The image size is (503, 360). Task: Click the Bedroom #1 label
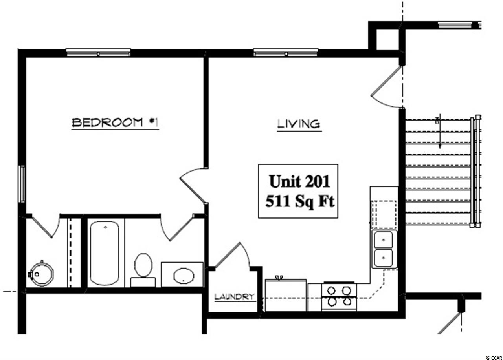115,123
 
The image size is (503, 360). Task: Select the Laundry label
235,297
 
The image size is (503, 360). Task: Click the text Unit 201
299,181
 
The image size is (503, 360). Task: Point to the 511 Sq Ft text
300,201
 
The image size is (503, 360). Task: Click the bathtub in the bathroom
105,253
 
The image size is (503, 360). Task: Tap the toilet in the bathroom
143,270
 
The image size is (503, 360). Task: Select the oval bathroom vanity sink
184,276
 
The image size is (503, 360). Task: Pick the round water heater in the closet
42,274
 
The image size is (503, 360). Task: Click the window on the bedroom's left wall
22,184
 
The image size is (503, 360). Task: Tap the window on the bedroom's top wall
98,52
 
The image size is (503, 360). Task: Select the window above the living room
286,52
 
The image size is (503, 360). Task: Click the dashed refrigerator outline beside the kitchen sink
384,214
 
